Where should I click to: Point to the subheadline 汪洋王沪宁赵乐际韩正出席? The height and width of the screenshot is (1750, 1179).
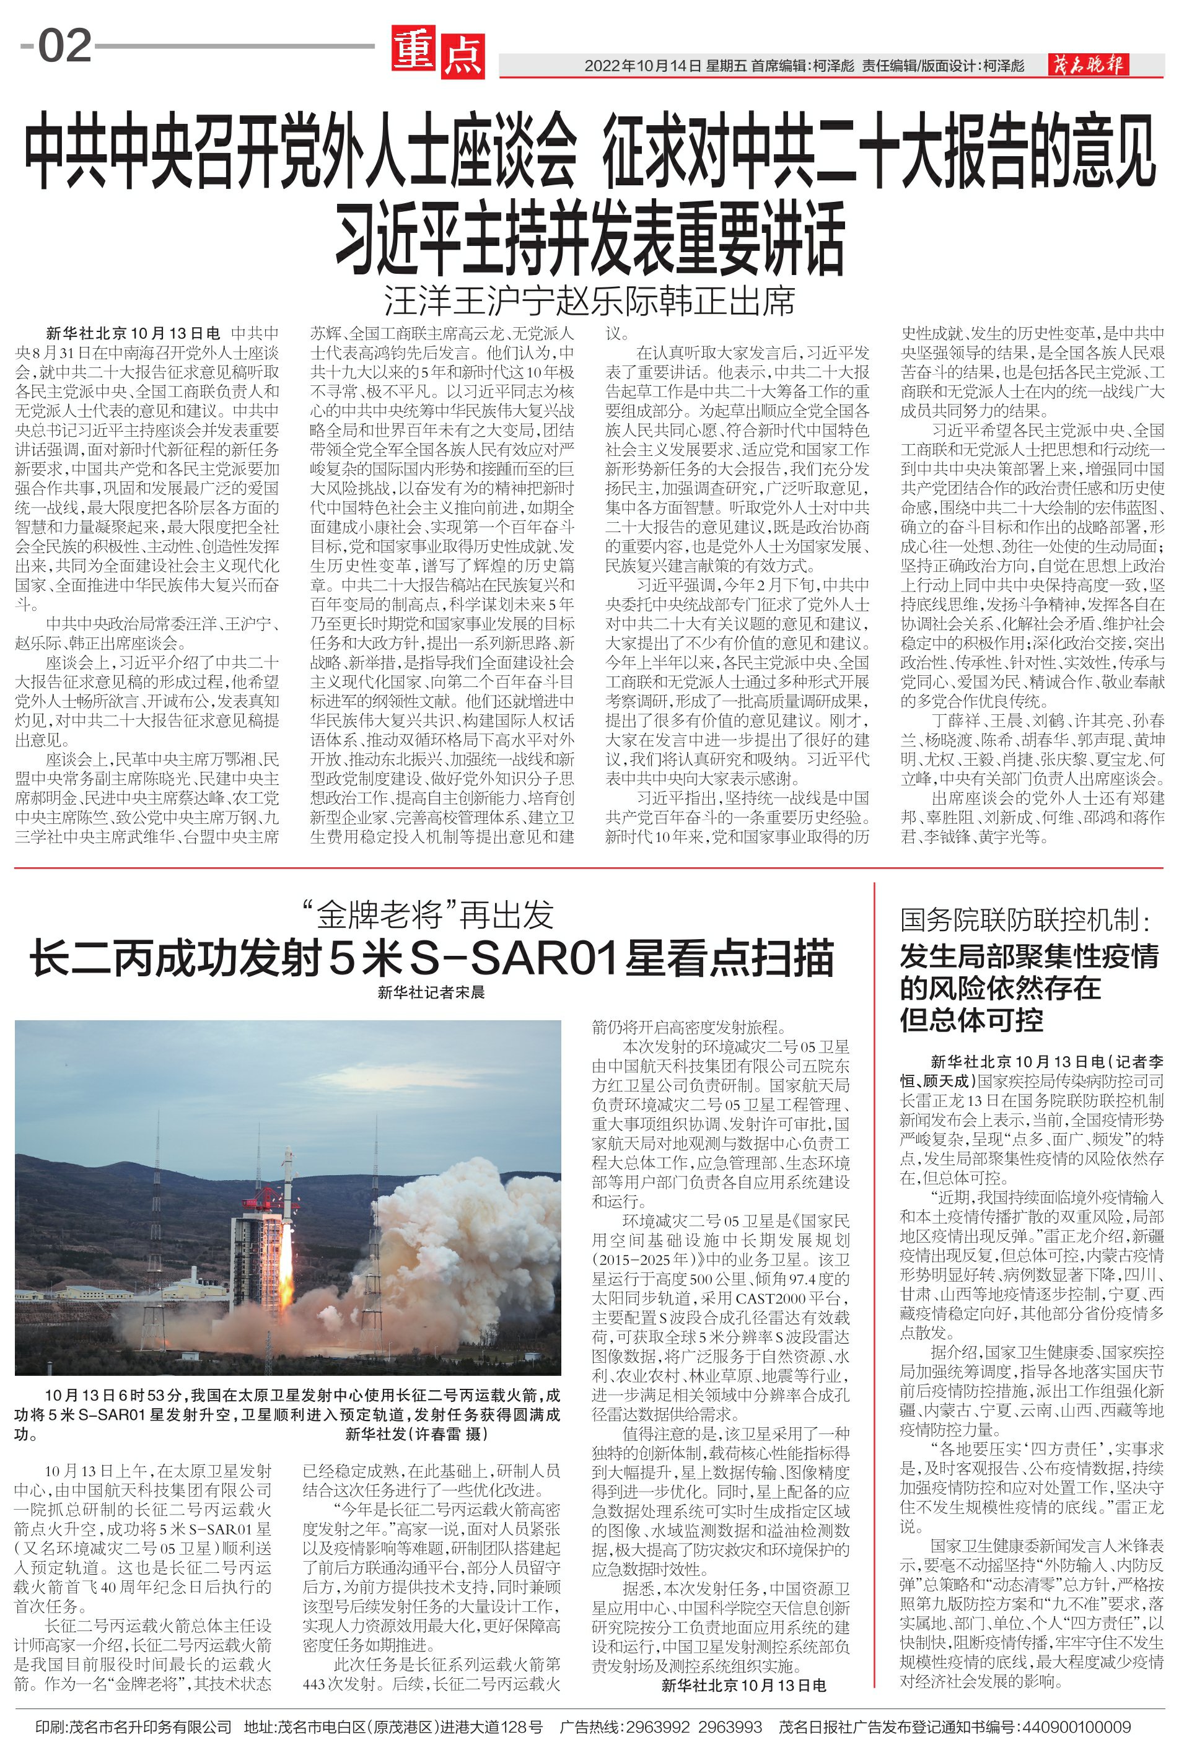(x=590, y=302)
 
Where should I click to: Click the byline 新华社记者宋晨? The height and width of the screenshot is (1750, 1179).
(x=432, y=992)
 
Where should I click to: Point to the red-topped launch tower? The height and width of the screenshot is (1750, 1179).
(x=257, y=1248)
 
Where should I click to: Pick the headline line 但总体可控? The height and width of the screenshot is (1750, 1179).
(x=971, y=1021)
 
